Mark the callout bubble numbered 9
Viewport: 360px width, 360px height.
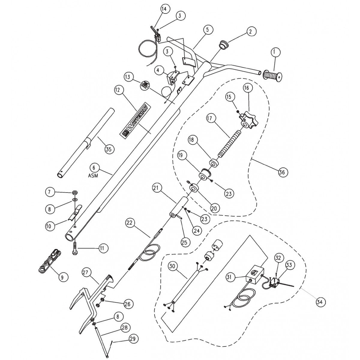(62, 277)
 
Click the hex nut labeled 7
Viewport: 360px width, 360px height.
(75, 191)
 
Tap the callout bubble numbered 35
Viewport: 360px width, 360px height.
(109, 149)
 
